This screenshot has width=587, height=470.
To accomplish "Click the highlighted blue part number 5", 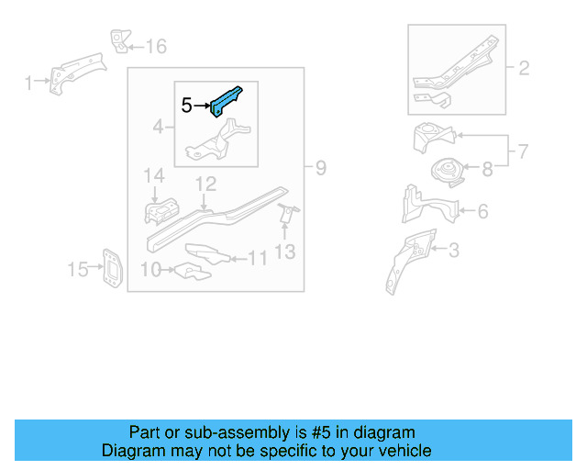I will pyautogui.click(x=227, y=100).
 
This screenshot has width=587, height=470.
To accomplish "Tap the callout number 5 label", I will pyautogui.click(x=186, y=106).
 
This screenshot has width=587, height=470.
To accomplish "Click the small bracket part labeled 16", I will pyautogui.click(x=118, y=41).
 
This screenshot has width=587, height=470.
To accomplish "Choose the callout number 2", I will pyautogui.click(x=524, y=67).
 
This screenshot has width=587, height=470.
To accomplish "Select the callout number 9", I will pyautogui.click(x=320, y=168).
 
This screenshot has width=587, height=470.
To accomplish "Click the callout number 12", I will pyautogui.click(x=205, y=185).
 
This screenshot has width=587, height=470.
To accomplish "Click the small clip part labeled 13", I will pyautogui.click(x=286, y=214).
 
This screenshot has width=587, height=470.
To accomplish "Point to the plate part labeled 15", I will pyautogui.click(x=109, y=266).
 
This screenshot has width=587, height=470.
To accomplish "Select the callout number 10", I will pyautogui.click(x=150, y=269).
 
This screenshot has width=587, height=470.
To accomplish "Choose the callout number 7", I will pyautogui.click(x=523, y=150).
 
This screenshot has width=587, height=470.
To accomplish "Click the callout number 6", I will pyautogui.click(x=482, y=212).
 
